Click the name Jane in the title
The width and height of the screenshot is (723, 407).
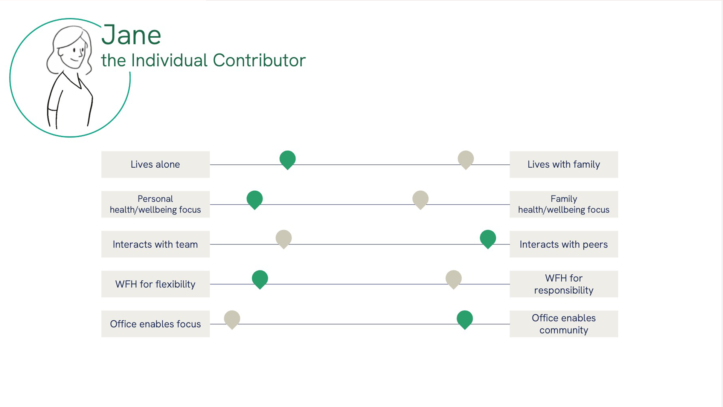pos(131,35)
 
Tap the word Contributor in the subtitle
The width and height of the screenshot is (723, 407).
pos(259,60)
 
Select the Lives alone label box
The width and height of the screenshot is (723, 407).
pos(156,164)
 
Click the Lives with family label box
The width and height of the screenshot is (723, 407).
pos(564,164)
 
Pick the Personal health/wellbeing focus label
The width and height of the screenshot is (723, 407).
pos(156,204)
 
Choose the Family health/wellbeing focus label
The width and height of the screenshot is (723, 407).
pos(564,204)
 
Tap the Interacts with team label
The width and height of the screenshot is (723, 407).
pos(156,244)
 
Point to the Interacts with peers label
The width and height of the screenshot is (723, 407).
pos(564,244)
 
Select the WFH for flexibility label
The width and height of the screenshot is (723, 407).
pos(156,284)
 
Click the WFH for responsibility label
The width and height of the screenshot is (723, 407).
pos(564,284)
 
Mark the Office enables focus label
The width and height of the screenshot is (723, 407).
pos(156,324)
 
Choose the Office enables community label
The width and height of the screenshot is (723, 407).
pos(564,324)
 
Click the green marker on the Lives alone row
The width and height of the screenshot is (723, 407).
pos(288,159)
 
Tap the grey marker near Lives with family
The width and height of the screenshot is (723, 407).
pos(466,159)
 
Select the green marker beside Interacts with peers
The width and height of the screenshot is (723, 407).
pos(488,239)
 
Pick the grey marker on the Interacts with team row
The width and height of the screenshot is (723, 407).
pos(284,239)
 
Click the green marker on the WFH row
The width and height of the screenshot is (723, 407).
pos(260,279)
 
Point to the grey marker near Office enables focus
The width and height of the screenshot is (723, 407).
pos(232,319)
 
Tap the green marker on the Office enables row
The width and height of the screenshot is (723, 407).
pos(465,319)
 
